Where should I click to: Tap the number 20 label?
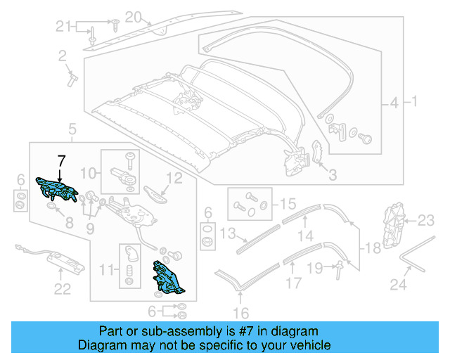coord(134,16)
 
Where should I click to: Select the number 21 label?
coord(64,27)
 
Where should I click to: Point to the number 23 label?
coord(427,221)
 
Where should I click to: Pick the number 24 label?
coord(399,286)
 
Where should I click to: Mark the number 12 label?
coord(174,179)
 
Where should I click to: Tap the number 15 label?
coord(288,205)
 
